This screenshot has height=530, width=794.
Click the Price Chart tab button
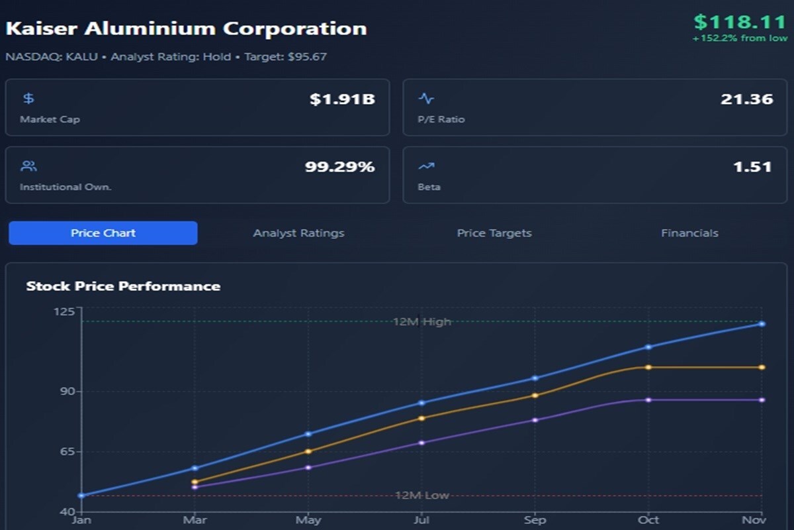[103, 233]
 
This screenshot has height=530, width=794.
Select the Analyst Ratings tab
[298, 233]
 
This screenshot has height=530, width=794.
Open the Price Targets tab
[494, 233]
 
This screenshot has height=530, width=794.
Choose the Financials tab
[689, 233]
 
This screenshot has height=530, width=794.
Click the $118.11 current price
[739, 23]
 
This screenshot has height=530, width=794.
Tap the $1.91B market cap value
[342, 100]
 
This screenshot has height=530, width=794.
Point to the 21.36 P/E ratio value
[746, 100]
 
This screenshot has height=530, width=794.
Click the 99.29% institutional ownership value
[339, 167]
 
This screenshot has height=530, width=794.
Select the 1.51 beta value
[752, 167]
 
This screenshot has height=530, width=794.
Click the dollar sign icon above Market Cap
[28, 99]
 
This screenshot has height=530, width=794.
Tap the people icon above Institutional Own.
[28, 166]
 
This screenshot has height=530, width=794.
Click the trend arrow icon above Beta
[426, 166]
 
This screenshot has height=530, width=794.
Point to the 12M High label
[421, 322]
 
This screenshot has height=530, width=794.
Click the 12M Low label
[421, 496]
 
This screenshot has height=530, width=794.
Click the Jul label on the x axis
[421, 520]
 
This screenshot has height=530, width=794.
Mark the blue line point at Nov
[762, 324]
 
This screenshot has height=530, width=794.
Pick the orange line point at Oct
[648, 367]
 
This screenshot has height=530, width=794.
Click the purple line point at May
[308, 468]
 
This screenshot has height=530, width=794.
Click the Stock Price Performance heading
[123, 286]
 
